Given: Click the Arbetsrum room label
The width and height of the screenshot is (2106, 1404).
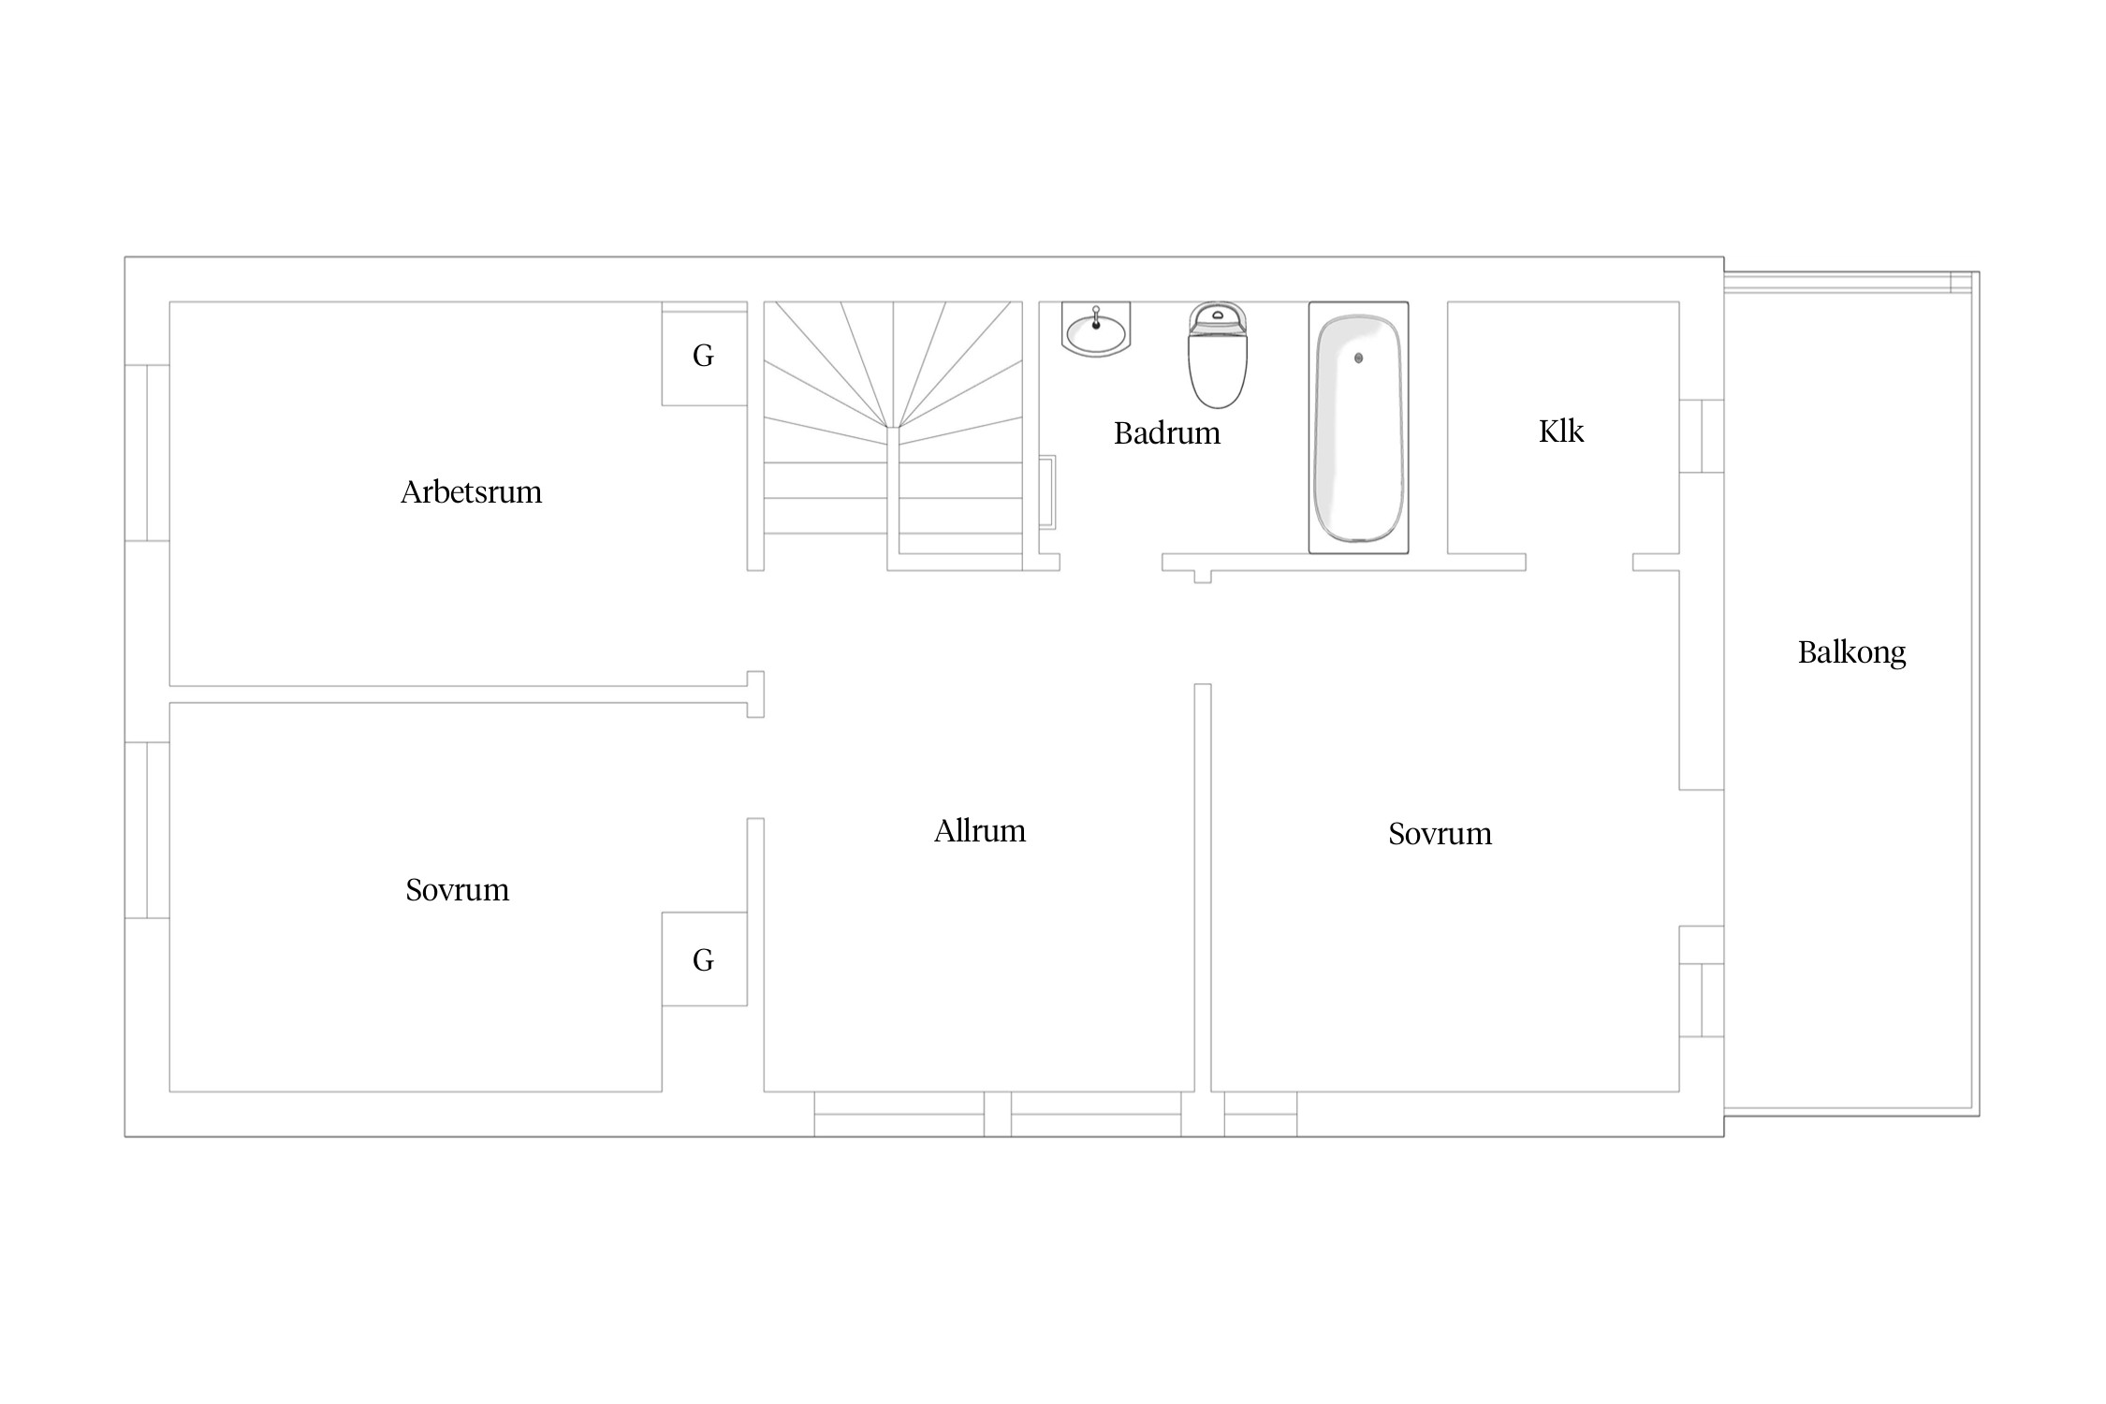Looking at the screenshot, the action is pyautogui.click(x=471, y=492).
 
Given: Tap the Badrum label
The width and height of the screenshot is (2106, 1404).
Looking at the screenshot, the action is pyautogui.click(x=1167, y=433).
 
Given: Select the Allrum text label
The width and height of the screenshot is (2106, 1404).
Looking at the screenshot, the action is pyautogui.click(x=980, y=831).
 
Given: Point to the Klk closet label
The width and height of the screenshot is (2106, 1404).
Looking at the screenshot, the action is pyautogui.click(x=1561, y=431).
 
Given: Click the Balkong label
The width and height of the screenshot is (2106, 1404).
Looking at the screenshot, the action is pyautogui.click(x=1851, y=653).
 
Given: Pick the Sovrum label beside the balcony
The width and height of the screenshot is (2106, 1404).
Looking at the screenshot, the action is pyautogui.click(x=1440, y=834).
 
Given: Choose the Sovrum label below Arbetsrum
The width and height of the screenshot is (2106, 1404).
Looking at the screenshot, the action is pyautogui.click(x=457, y=890).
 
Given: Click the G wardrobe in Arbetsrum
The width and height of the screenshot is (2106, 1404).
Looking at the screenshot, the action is pyautogui.click(x=704, y=355).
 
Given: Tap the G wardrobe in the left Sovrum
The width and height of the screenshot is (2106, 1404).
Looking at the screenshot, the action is pyautogui.click(x=704, y=959).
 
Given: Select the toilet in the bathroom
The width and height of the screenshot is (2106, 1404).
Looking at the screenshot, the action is pyautogui.click(x=1218, y=355).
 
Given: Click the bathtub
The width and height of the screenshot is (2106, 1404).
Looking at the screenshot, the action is pyautogui.click(x=1358, y=428).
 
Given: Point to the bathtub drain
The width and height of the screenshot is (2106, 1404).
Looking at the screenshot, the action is pyautogui.click(x=1359, y=358).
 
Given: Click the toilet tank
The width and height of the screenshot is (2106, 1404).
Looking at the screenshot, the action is pyautogui.click(x=1218, y=318).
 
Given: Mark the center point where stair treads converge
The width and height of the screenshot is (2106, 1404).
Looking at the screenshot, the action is pyautogui.click(x=893, y=428).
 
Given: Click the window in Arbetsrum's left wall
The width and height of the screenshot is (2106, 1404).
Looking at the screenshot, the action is pyautogui.click(x=147, y=453).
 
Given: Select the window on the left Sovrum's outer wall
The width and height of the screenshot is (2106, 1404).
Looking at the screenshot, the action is pyautogui.click(x=147, y=830).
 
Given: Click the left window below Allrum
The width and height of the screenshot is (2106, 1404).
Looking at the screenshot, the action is pyautogui.click(x=899, y=1114).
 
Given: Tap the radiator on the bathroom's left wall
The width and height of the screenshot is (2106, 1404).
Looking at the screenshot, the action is pyautogui.click(x=1048, y=492).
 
